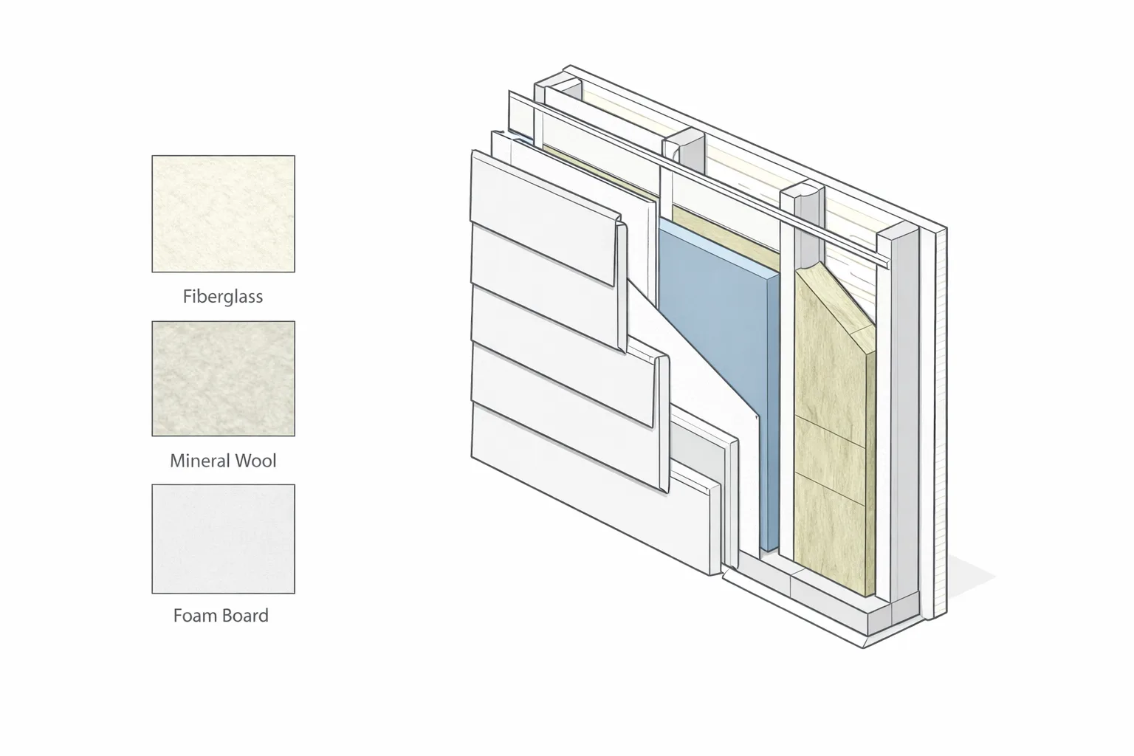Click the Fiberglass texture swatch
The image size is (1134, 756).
point(223,213)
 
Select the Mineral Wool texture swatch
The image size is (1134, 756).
point(223,378)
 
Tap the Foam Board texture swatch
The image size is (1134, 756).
point(223,539)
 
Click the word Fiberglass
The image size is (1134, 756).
point(223,297)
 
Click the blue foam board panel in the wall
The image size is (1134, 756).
point(719,354)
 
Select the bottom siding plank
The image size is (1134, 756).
point(592,486)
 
